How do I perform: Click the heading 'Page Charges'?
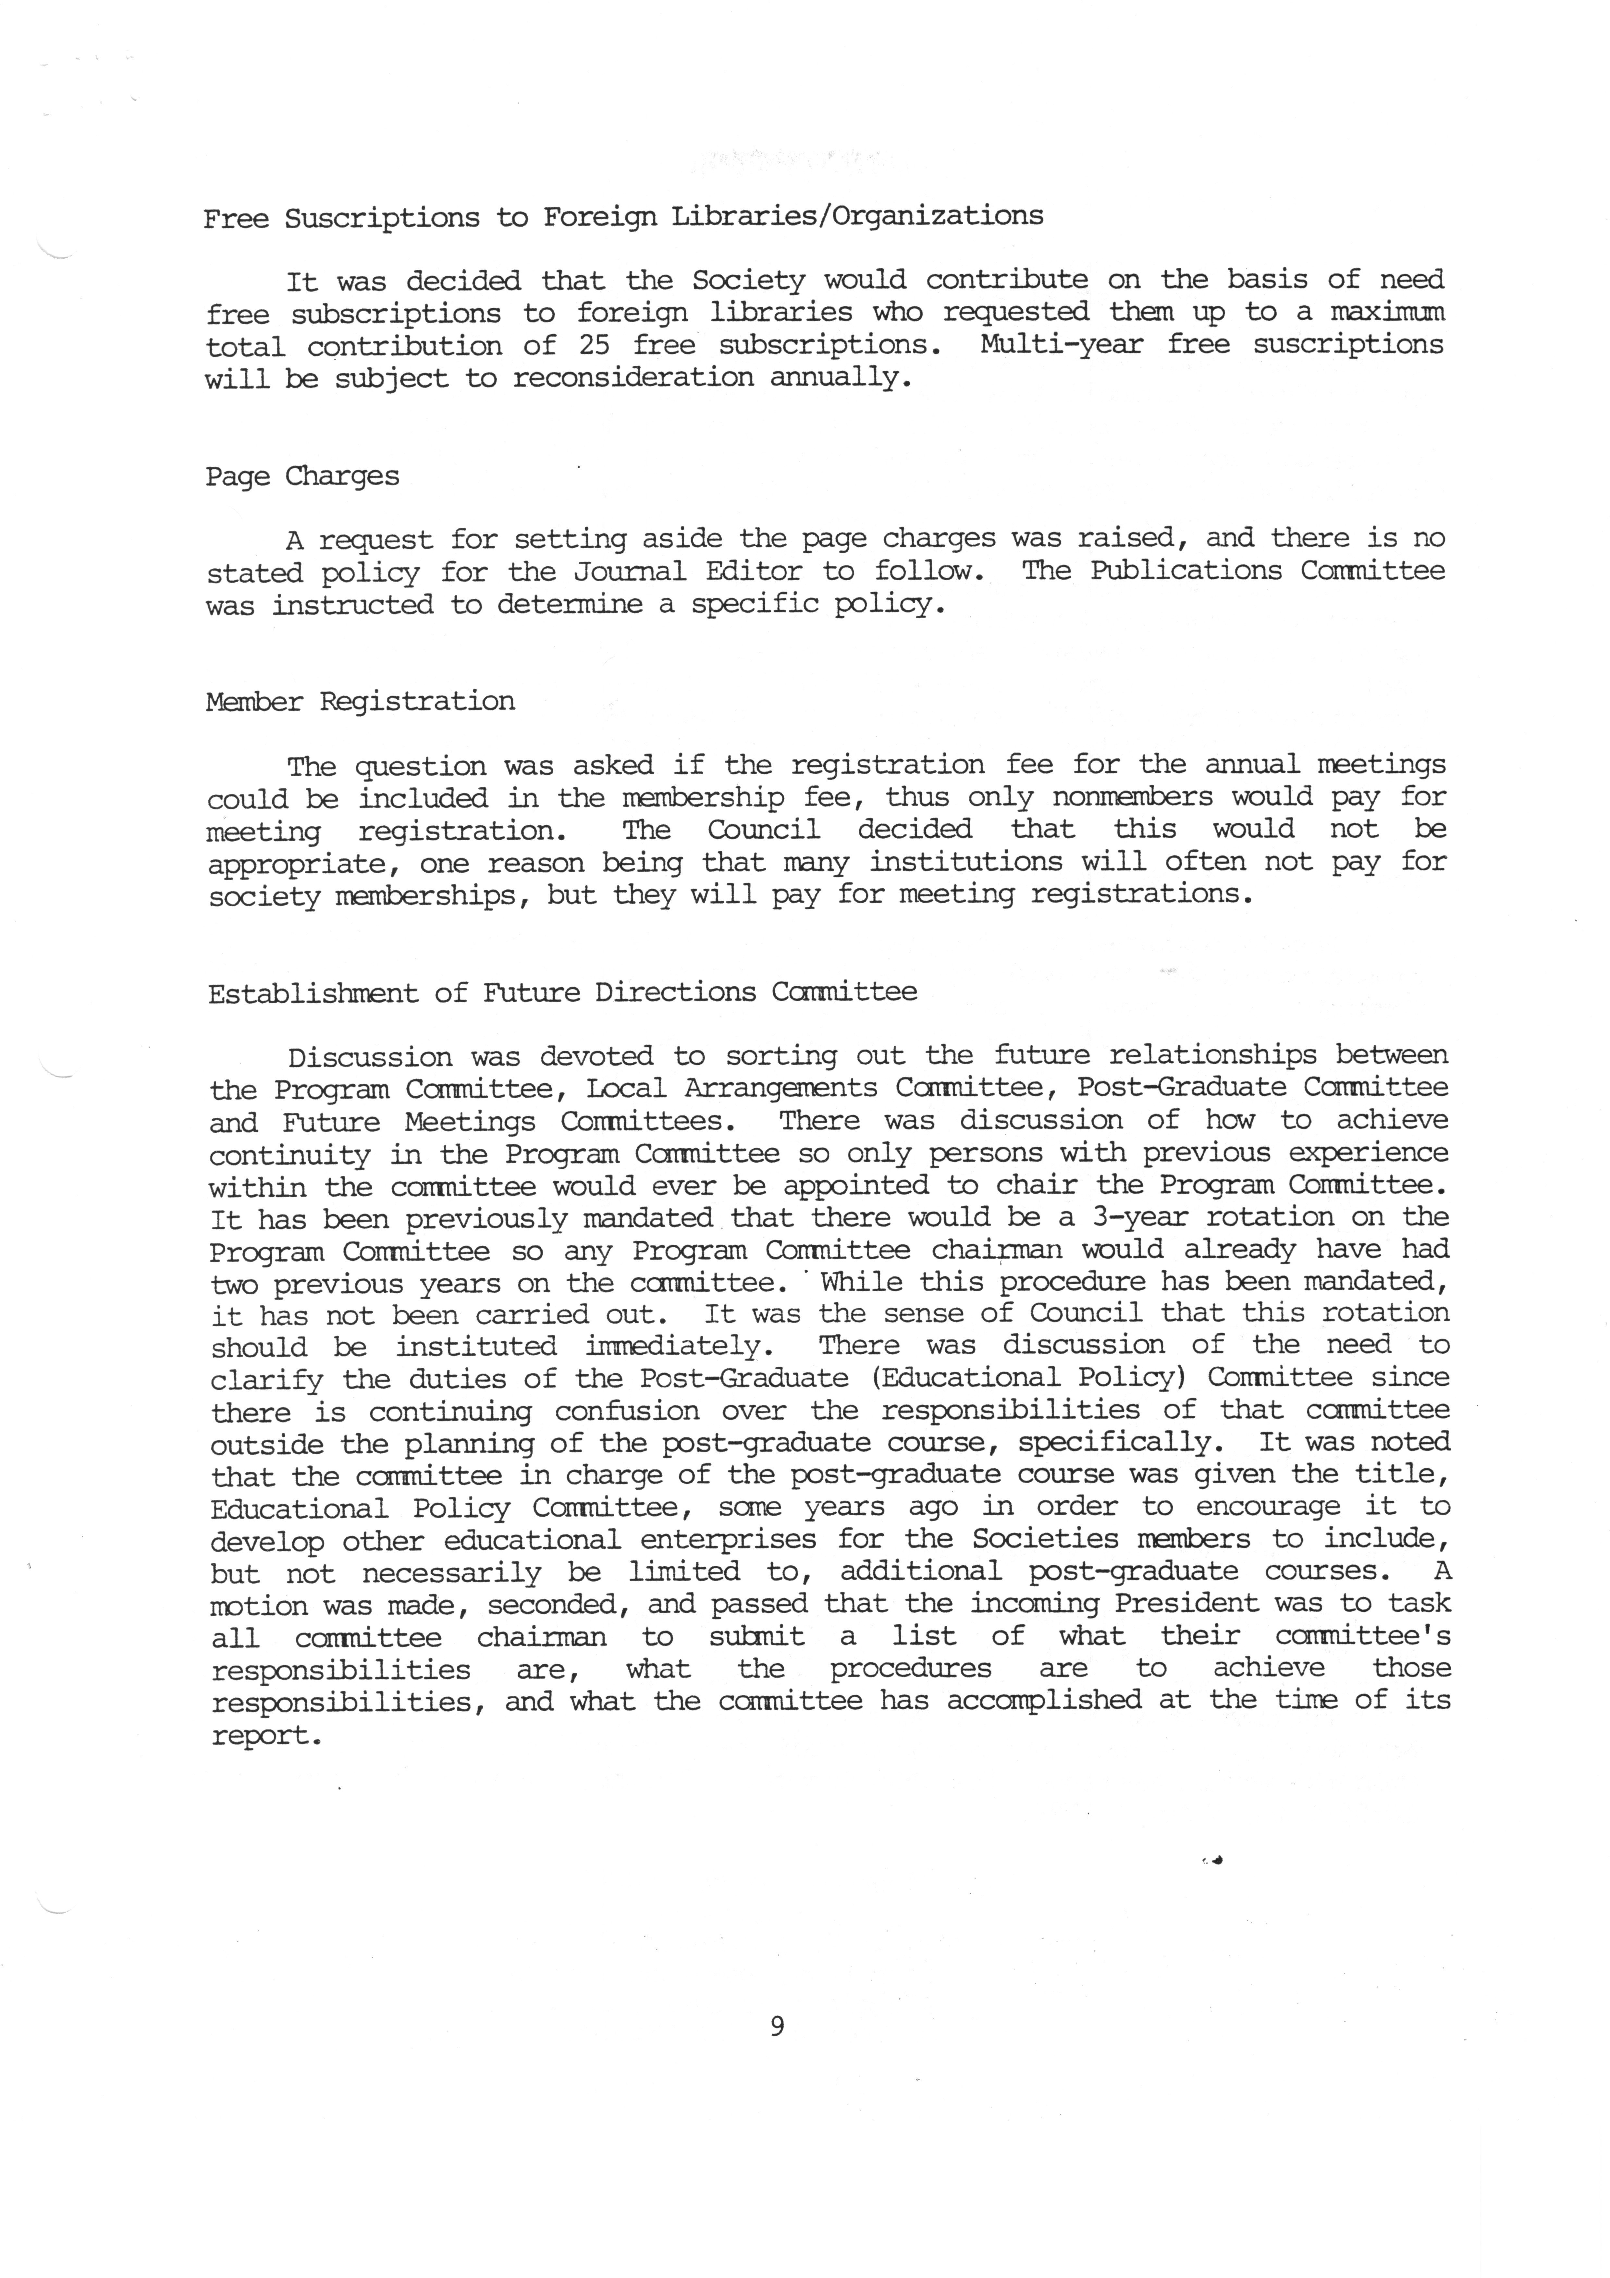pyautogui.click(x=302, y=477)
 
